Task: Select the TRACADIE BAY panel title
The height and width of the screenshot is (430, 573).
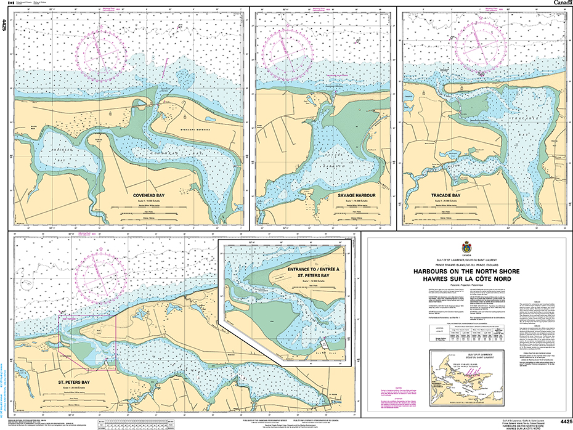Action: tap(445, 195)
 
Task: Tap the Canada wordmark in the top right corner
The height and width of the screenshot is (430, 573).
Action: tap(561, 3)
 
